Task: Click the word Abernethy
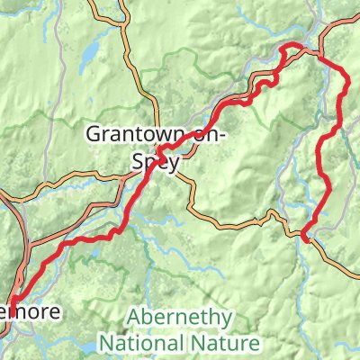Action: [x=180, y=318]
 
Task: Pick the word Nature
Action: [x=230, y=343]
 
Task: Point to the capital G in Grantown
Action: [x=93, y=135]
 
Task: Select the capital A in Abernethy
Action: [x=134, y=318]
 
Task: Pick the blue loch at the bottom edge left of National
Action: [x=87, y=345]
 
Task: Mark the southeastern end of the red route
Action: [x=306, y=238]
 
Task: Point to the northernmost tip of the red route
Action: [x=290, y=45]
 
